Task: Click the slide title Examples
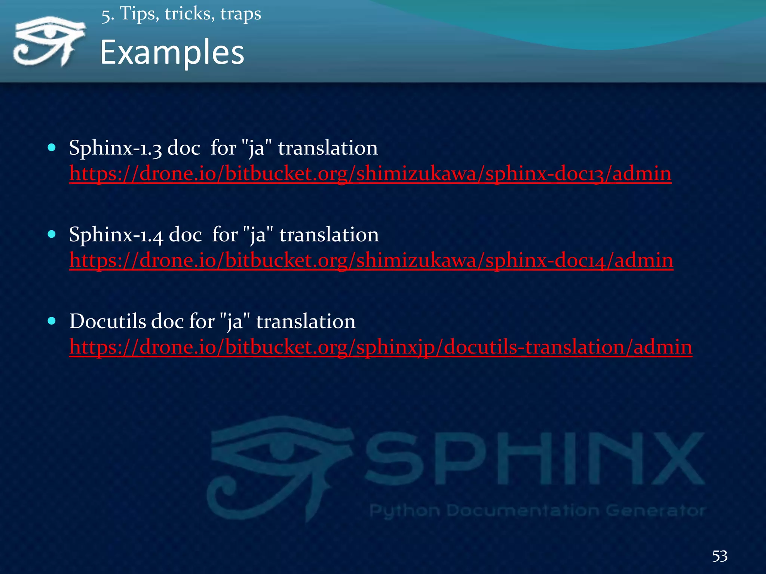[172, 53]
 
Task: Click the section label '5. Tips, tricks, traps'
[181, 14]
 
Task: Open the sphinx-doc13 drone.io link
[370, 174]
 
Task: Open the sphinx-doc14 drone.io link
[371, 260]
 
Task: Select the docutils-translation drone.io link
[380, 347]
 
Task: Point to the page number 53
[720, 556]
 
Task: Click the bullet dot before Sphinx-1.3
[52, 148]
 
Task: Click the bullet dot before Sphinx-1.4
[52, 234]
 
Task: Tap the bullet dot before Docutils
[52, 321]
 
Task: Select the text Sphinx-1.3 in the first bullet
[115, 148]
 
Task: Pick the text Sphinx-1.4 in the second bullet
[116, 235]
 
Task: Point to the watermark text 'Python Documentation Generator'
[537, 510]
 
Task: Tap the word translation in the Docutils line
[306, 321]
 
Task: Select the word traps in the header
[240, 14]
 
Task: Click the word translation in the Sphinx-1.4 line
[329, 235]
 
